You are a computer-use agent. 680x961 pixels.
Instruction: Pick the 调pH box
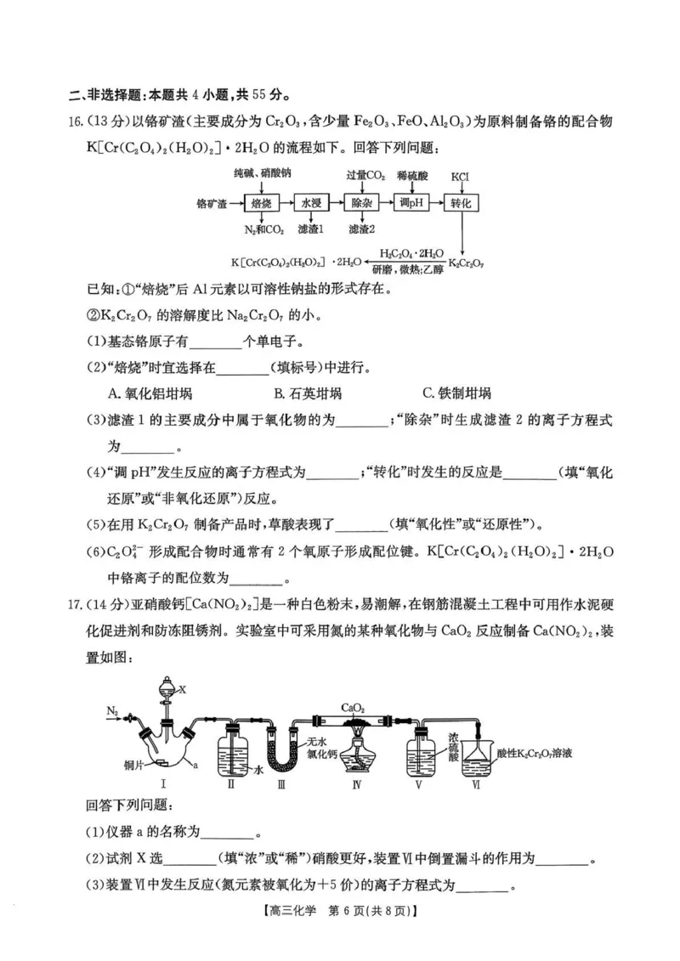pos(413,204)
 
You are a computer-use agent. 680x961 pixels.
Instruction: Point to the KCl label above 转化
pos(461,177)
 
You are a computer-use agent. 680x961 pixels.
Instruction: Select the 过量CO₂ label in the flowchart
pos(365,177)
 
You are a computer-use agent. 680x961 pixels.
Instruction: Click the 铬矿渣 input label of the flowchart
pos(212,205)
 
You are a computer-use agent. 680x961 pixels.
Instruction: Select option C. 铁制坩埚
pos(456,393)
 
